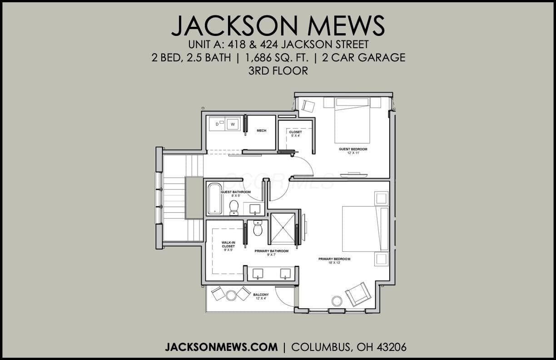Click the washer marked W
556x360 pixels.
pyautogui.click(x=233, y=124)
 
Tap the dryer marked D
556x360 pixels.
pyautogui.click(x=217, y=124)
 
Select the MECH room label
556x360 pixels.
pyautogui.click(x=261, y=131)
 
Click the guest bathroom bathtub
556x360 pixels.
pyautogui.click(x=215, y=199)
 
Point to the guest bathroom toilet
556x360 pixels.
pyautogui.click(x=234, y=208)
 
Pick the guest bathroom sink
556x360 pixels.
pyautogui.click(x=255, y=209)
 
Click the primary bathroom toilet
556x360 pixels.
pyautogui.click(x=258, y=228)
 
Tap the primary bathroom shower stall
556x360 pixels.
pyautogui.click(x=283, y=228)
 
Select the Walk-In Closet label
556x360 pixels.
pyautogui.click(x=228, y=245)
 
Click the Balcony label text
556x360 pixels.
pyautogui.click(x=261, y=295)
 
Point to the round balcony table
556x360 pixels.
pyautogui.click(x=231, y=295)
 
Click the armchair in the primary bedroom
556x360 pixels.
pyautogui.click(x=358, y=295)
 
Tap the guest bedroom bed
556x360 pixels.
pyautogui.click(x=352, y=120)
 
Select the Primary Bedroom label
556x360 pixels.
pyautogui.click(x=334, y=259)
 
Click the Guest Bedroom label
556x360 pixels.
pyautogui.click(x=353, y=149)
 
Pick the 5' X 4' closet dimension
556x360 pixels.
pyautogui.click(x=295, y=135)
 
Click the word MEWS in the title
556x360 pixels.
pyautogui.click(x=346, y=26)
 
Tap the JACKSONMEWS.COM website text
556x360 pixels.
pyautogui.click(x=221, y=347)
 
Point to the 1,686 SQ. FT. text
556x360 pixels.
pyautogui.click(x=277, y=58)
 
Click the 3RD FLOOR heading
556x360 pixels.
pyautogui.click(x=278, y=71)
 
